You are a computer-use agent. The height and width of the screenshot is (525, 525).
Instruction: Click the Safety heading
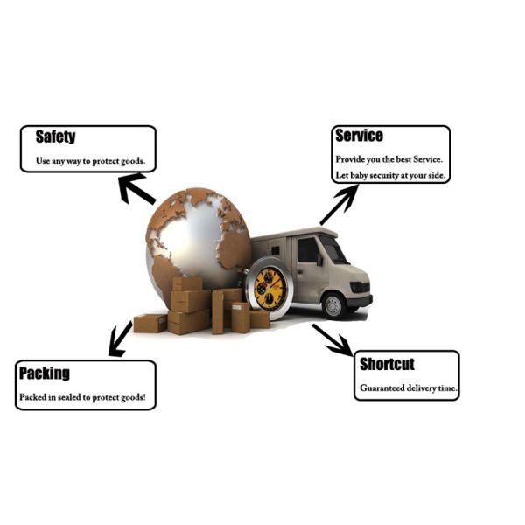point(55,136)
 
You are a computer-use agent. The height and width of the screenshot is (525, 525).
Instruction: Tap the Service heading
point(359,136)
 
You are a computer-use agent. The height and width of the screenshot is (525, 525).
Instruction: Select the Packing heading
point(44,374)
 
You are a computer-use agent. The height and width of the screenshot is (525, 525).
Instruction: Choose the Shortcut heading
point(386,364)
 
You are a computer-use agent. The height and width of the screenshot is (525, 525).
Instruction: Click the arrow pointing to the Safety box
point(136,187)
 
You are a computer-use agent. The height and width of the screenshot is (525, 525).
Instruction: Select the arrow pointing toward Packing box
point(119,339)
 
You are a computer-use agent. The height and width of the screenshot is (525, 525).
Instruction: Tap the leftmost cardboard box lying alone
point(150,323)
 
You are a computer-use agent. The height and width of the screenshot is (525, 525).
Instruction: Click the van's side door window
point(308,251)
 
